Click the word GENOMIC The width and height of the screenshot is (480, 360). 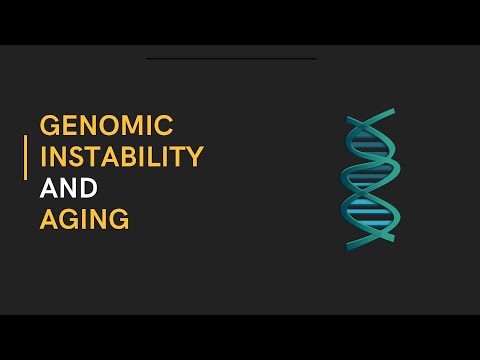(x=106, y=126)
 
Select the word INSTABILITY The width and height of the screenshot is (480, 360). (x=121, y=157)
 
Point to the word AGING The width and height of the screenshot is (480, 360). (x=84, y=219)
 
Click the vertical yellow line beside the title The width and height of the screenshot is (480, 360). (x=26, y=158)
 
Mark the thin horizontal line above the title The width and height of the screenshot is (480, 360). (x=231, y=59)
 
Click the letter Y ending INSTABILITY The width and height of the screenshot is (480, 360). (x=196, y=157)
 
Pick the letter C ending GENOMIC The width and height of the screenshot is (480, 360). (x=165, y=126)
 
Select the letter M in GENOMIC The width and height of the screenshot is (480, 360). (x=132, y=126)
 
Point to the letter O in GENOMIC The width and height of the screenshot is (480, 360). (x=107, y=126)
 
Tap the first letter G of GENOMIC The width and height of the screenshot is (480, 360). (x=48, y=126)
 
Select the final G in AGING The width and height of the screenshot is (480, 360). (x=119, y=219)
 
